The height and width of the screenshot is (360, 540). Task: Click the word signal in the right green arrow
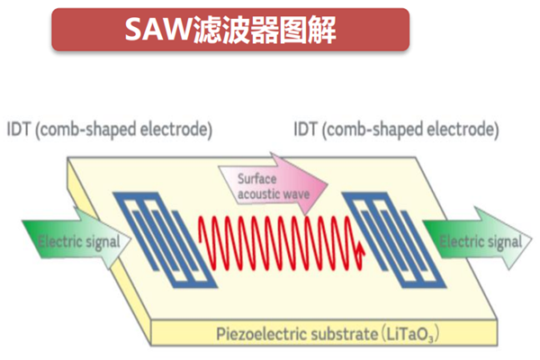501,242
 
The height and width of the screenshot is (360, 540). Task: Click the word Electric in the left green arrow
55,243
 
